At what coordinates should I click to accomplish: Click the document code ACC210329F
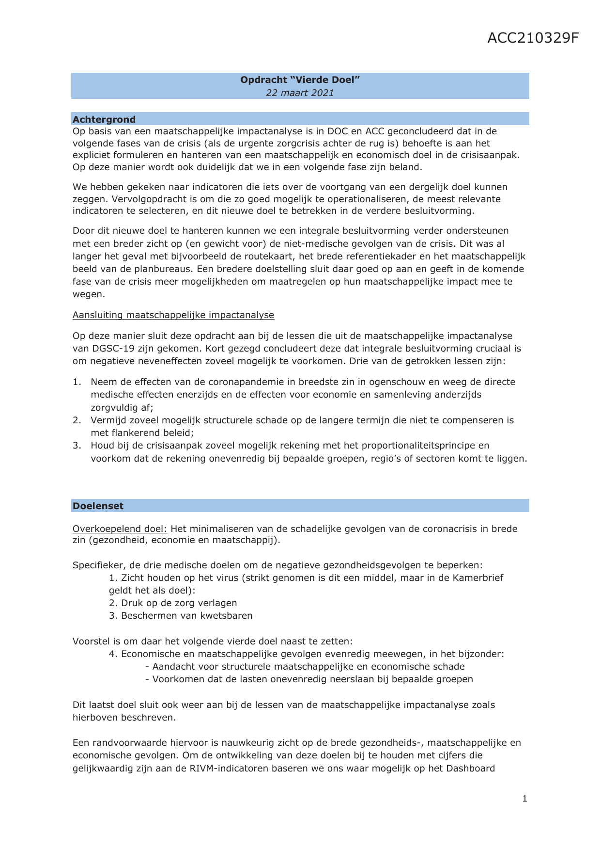point(533,38)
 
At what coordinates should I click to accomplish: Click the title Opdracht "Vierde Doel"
point(300,80)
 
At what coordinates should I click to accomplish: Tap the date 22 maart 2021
point(300,93)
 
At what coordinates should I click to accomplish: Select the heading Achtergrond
point(104,119)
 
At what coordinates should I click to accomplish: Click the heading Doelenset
point(98,506)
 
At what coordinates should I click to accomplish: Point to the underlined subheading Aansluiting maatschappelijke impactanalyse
point(173,315)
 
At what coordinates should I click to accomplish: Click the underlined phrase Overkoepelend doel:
point(120,529)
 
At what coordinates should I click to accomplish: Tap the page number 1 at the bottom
point(525,799)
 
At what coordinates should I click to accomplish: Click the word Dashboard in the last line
point(470,768)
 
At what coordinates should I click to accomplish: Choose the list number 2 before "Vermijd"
point(77,420)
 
